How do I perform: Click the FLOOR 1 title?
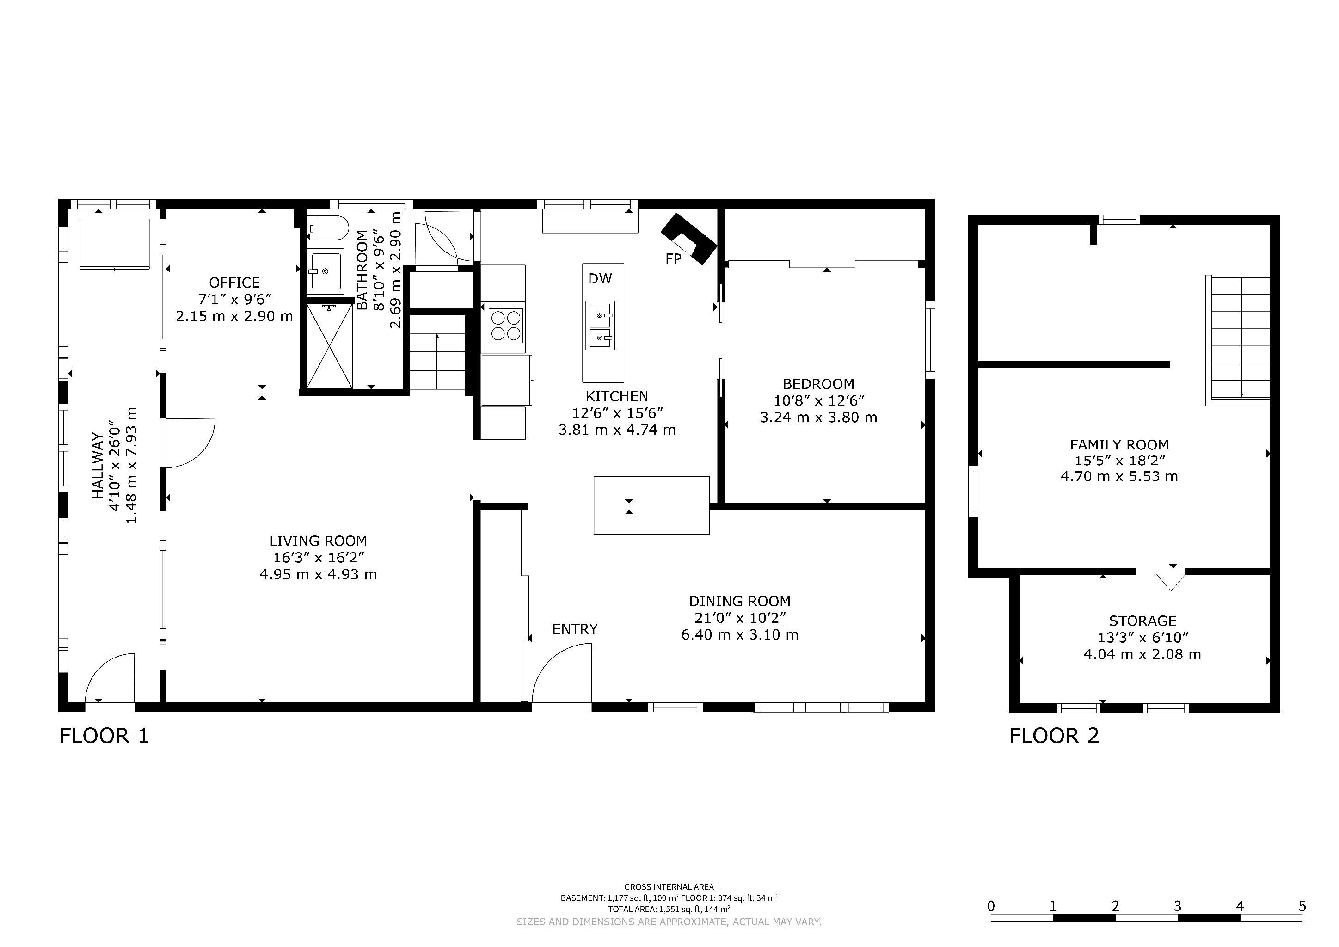104,736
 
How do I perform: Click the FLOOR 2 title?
1054,736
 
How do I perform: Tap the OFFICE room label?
234,283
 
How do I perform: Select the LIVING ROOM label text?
319,541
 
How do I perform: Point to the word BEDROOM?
819,384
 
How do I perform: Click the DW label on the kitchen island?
600,279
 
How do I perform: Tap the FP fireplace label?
674,258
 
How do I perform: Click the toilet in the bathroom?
328,228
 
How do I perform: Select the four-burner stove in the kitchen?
506,326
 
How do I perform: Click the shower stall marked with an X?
330,346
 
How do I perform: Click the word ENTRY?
575,629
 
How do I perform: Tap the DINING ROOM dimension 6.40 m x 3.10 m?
739,634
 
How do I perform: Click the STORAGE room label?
1142,621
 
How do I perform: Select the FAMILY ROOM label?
1119,445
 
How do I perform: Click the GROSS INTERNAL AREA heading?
669,887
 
